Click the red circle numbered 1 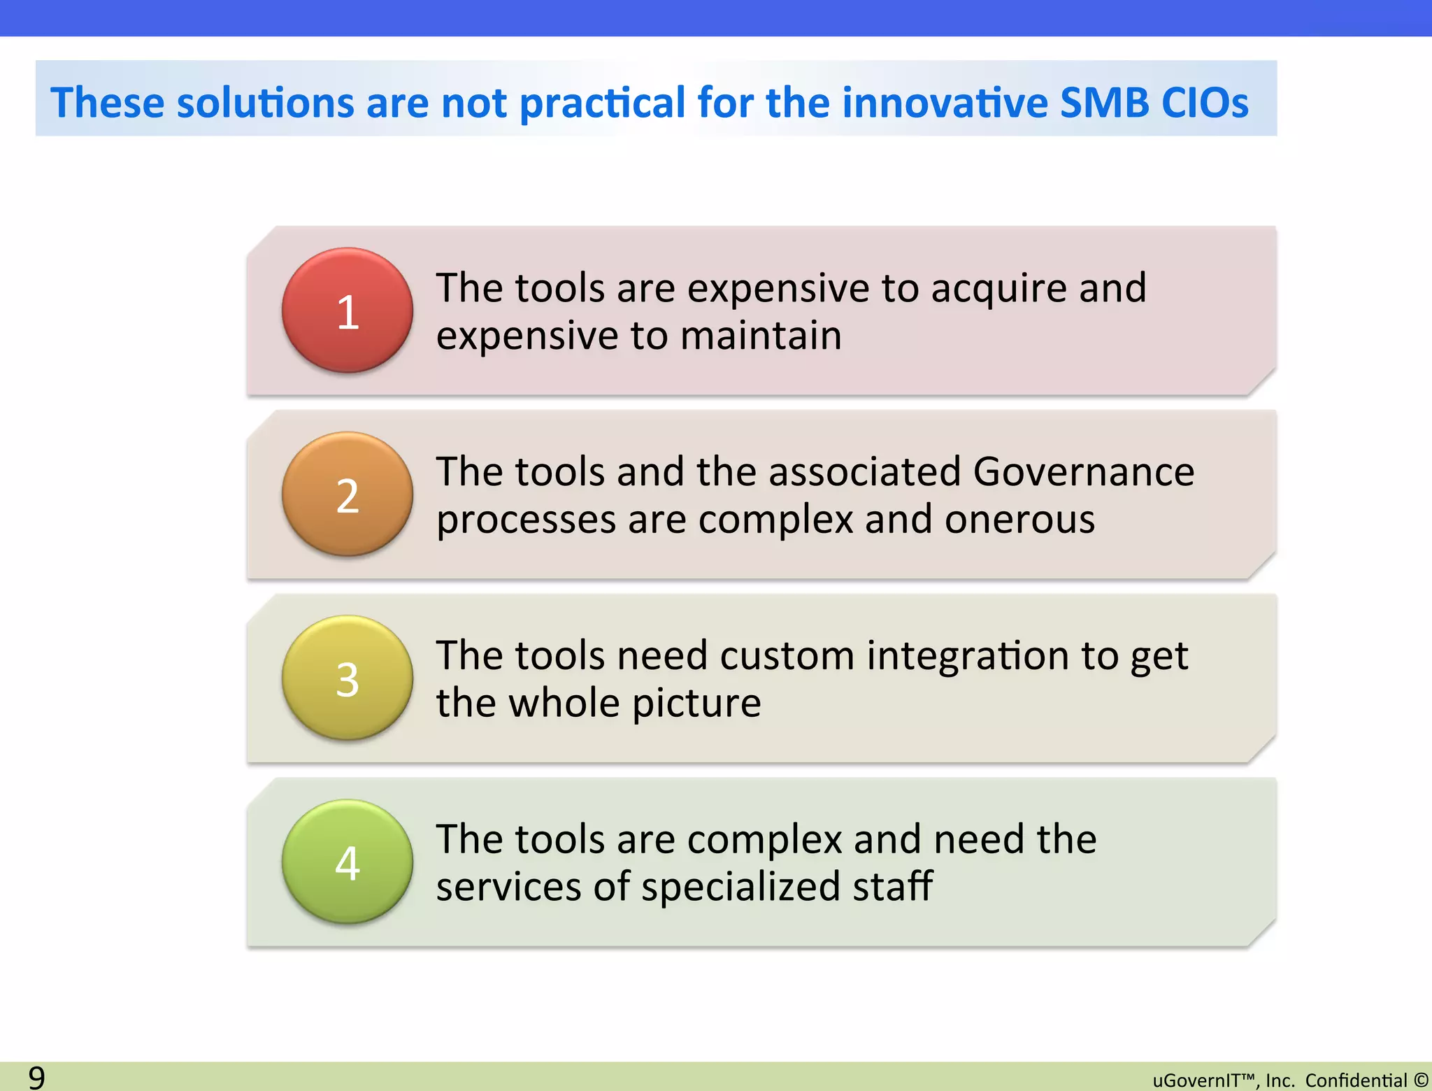[348, 311]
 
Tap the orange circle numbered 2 [348, 494]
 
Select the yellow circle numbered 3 [348, 678]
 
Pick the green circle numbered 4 [348, 862]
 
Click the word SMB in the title [1104, 103]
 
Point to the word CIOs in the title [1205, 103]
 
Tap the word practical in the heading [603, 103]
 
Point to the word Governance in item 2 [1083, 471]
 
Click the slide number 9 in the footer [36, 1077]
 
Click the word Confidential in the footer [1356, 1081]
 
